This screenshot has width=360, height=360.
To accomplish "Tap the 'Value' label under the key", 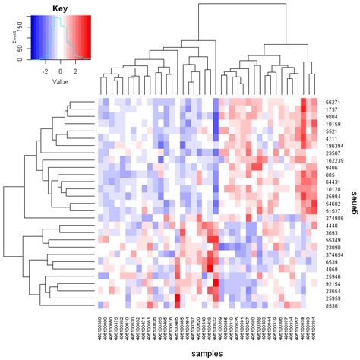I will pyautogui.click(x=61, y=80).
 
